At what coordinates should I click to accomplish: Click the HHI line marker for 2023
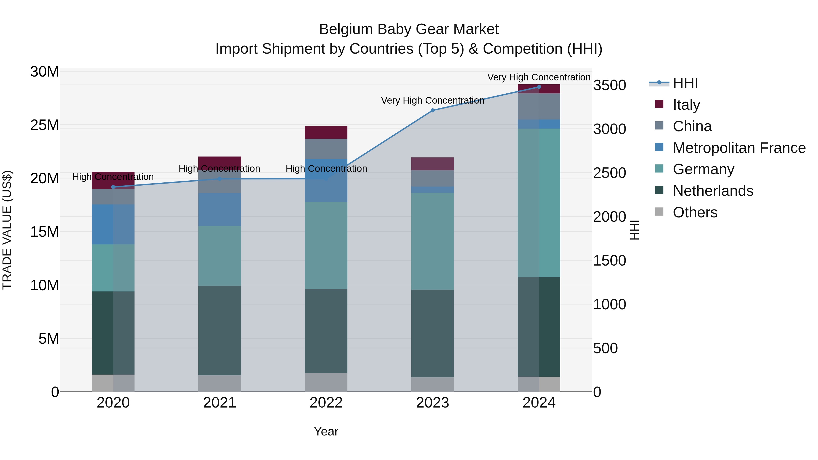pyautogui.click(x=432, y=110)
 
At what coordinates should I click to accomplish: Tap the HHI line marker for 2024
pyautogui.click(x=539, y=87)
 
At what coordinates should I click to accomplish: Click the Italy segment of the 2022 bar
pyautogui.click(x=326, y=132)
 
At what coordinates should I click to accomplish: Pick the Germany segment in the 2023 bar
pyautogui.click(x=432, y=241)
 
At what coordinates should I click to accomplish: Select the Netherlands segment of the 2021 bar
pyautogui.click(x=220, y=330)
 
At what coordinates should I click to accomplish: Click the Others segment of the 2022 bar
pyautogui.click(x=326, y=382)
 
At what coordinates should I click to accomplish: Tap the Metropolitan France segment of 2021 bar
pyautogui.click(x=220, y=209)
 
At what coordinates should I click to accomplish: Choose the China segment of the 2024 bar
pyautogui.click(x=539, y=106)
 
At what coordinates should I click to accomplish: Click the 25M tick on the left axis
pyautogui.click(x=45, y=125)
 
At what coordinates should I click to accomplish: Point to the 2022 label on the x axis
pyautogui.click(x=326, y=403)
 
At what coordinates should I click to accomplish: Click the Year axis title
pyautogui.click(x=326, y=431)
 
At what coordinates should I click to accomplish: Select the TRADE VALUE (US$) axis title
pyautogui.click(x=7, y=230)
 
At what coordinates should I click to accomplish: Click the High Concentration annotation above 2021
pyautogui.click(x=219, y=169)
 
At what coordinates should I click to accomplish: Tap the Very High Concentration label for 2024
pyautogui.click(x=539, y=77)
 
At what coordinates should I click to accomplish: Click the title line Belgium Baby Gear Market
pyautogui.click(x=409, y=29)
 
